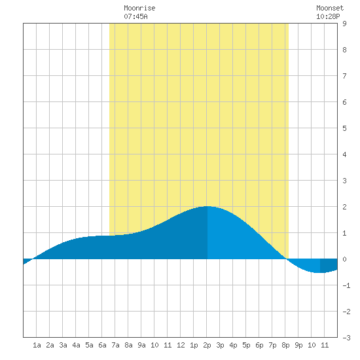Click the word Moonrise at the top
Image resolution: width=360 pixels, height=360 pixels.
tap(139, 8)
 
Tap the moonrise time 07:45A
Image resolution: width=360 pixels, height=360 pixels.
tap(135, 16)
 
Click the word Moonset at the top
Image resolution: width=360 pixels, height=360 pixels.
tap(330, 8)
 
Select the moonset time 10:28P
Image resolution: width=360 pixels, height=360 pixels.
tap(328, 16)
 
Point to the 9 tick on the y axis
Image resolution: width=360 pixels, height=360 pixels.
tap(344, 24)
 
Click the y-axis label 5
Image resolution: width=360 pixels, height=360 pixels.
tap(344, 128)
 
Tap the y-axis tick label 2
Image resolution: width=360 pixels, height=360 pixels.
tap(344, 207)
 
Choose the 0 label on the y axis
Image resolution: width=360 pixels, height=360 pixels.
tap(344, 259)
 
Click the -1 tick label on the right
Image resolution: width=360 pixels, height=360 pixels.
tap(346, 285)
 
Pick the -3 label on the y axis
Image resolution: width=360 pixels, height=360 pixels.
tap(346, 338)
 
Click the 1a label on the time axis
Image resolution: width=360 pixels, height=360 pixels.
tap(37, 345)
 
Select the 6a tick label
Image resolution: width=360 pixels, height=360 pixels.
tap(102, 345)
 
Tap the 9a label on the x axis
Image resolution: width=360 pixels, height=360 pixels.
tap(141, 345)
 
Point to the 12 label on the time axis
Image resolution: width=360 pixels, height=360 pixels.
tap(181, 345)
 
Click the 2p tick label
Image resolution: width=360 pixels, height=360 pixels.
tap(207, 345)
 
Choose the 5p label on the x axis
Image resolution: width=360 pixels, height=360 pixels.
tap(246, 345)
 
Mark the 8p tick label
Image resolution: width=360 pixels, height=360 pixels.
tap(285, 345)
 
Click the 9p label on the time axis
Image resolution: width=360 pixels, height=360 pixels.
tap(298, 345)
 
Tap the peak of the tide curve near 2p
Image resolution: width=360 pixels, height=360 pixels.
tap(207, 206)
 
